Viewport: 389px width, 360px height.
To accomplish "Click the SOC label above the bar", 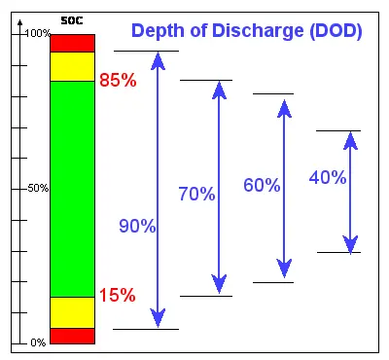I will coord(73,20).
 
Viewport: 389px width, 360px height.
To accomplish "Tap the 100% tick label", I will coord(38,34).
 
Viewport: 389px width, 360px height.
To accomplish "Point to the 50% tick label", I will coord(38,188).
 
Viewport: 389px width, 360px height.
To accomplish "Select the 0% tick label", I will coord(38,342).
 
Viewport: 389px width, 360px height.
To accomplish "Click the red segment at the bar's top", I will coord(73,43).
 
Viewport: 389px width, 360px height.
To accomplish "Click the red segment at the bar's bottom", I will coord(73,336).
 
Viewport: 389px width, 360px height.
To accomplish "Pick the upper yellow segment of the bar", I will coord(73,66).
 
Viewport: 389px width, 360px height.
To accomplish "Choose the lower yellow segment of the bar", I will coord(73,311).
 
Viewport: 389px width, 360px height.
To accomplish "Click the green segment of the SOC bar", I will coord(73,189).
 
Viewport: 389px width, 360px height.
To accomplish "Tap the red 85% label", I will coord(118,81).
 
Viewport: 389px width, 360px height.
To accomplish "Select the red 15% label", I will coord(118,296).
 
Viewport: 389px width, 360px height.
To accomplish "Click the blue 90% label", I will coord(137,226).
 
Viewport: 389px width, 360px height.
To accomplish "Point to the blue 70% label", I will coord(196,194).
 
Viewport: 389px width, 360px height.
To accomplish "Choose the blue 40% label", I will coord(327,177).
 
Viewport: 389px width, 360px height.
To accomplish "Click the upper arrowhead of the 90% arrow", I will coord(157,62).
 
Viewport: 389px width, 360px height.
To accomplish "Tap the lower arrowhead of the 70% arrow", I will coord(219,283).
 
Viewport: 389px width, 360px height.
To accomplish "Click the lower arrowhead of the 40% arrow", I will coord(352,242).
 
